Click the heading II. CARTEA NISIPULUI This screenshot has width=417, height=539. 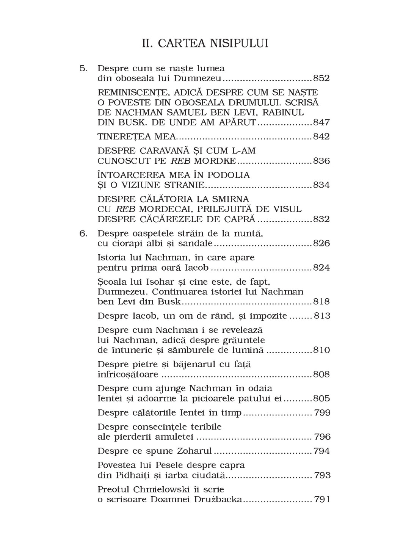(x=205, y=43)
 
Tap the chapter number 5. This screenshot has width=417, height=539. (x=83, y=69)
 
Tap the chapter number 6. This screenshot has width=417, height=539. (x=83, y=233)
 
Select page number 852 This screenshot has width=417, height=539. (x=321, y=78)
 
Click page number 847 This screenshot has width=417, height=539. (x=321, y=123)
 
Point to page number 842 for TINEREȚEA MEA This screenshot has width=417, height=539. (x=321, y=137)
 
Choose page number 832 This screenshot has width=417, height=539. (x=321, y=219)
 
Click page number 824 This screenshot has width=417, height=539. (x=321, y=268)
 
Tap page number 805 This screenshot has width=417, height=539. (x=321, y=399)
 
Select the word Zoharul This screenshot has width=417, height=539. (x=193, y=451)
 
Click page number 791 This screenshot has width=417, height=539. (x=322, y=500)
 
